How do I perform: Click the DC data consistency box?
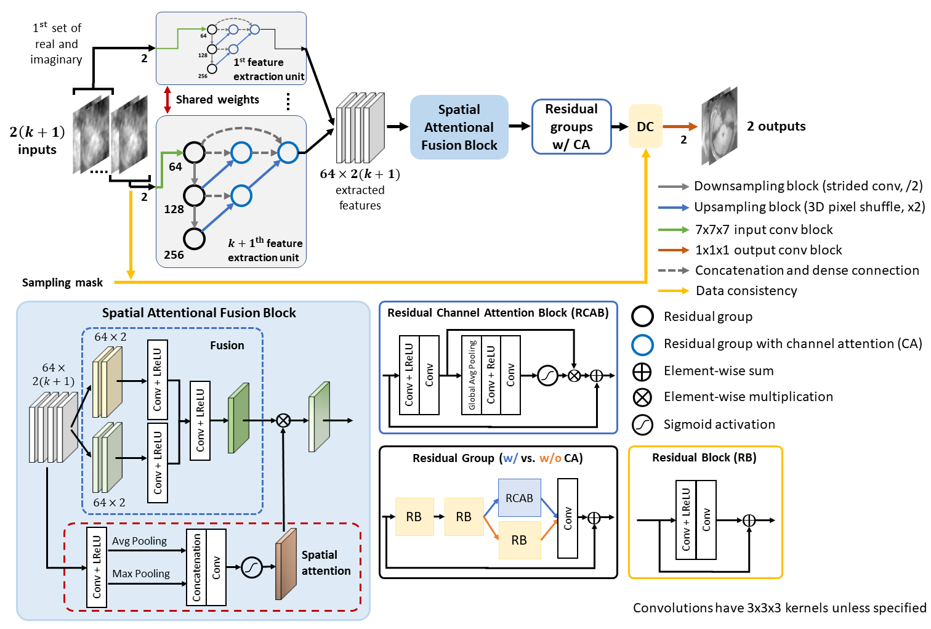point(645,126)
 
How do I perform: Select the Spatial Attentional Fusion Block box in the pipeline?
point(459,128)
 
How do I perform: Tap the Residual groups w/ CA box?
point(571,126)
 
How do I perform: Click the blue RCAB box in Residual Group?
point(519,498)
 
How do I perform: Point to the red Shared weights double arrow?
point(167,100)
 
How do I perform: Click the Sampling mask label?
point(62,283)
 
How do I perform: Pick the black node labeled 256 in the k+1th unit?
point(195,238)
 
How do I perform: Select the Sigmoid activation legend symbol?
point(642,424)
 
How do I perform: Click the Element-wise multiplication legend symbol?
point(642,397)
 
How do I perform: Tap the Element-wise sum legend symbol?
point(642,371)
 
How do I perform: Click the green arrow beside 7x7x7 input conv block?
point(673,230)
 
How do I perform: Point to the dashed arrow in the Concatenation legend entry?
point(673,270)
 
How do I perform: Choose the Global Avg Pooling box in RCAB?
point(472,375)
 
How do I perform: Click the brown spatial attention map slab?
point(286,564)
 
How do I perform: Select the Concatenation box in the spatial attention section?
point(196,567)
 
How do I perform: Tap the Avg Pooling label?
point(139,541)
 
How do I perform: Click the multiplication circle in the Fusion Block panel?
point(283,421)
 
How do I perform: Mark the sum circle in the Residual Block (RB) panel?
point(749,521)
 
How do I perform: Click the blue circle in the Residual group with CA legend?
point(642,344)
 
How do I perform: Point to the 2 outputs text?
point(776,126)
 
